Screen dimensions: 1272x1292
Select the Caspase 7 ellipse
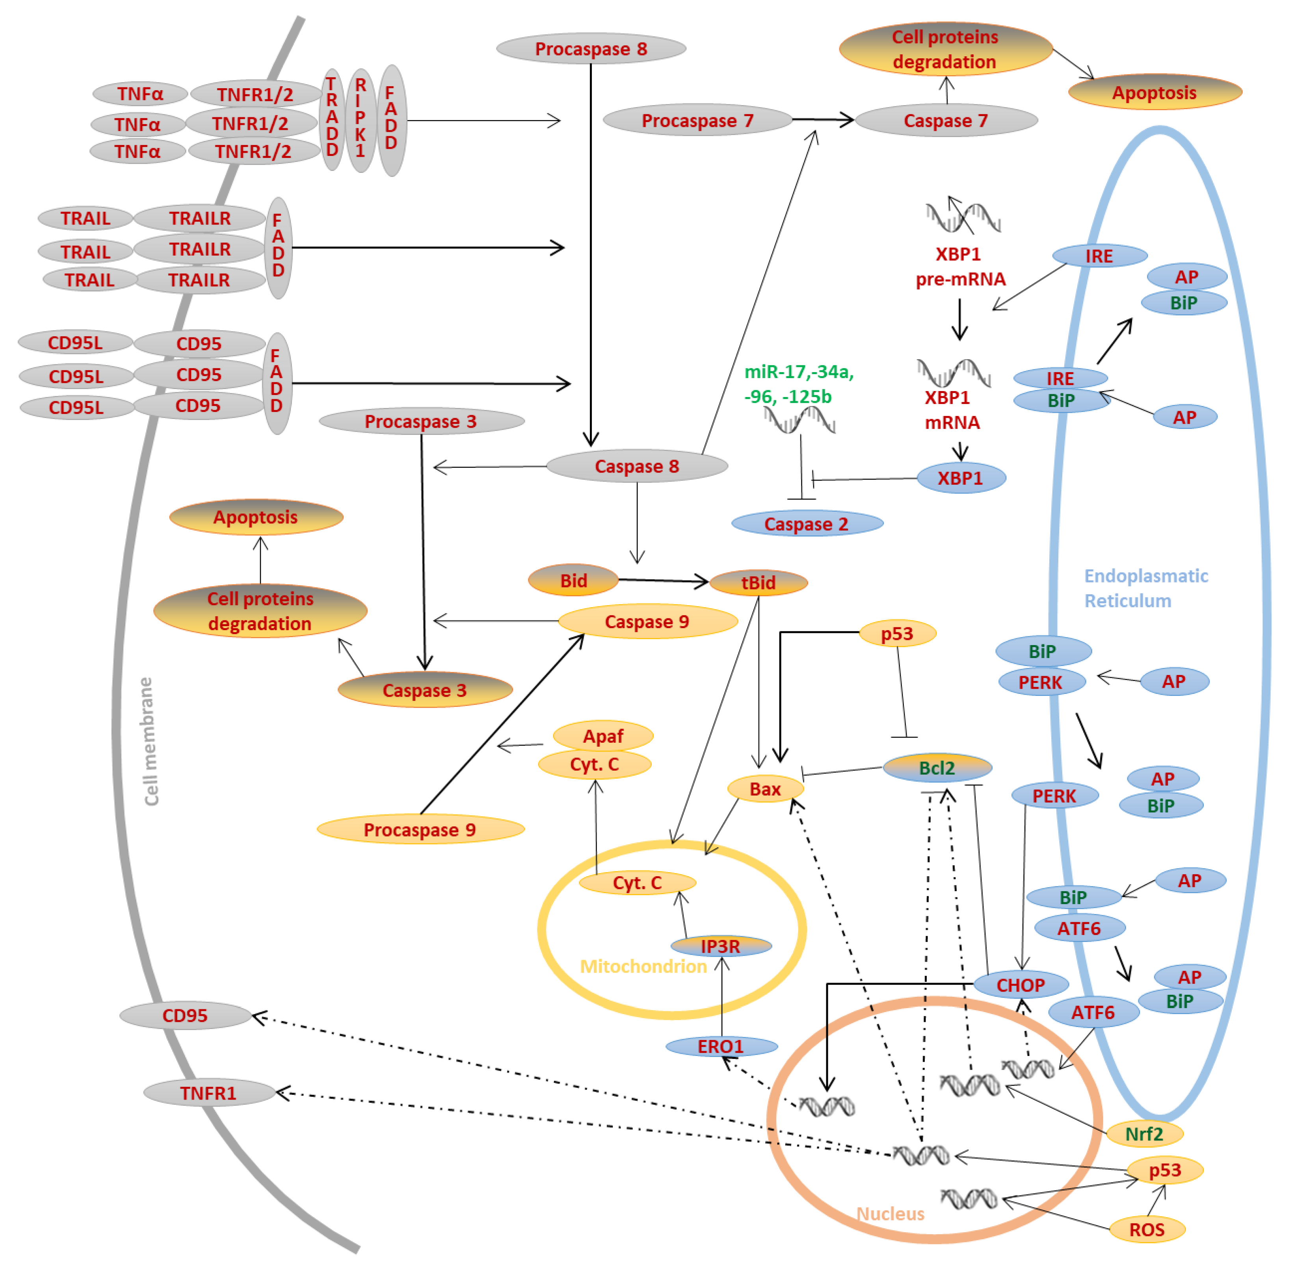(945, 121)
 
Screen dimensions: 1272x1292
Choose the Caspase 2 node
(806, 524)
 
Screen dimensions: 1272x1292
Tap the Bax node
(765, 789)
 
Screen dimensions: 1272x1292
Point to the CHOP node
(1020, 985)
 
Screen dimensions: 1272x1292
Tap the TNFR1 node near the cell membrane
(208, 1093)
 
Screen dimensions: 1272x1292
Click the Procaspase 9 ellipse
(419, 830)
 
